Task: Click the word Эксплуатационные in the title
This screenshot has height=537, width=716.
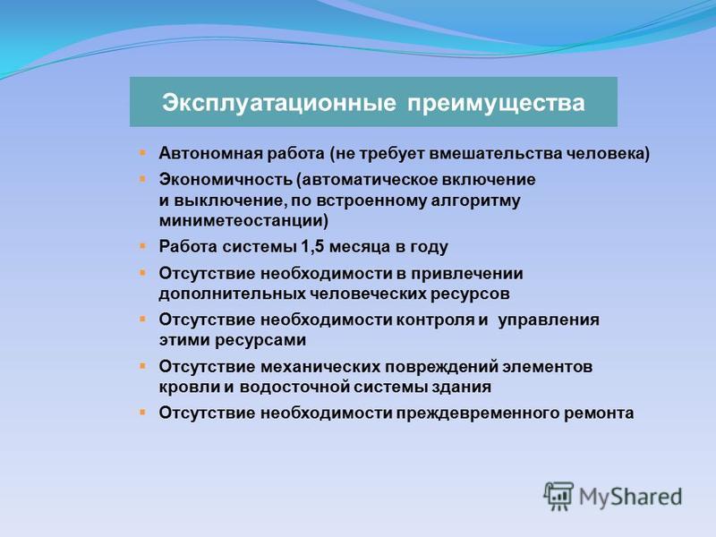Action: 278,103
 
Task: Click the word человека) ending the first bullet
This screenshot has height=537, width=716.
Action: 608,154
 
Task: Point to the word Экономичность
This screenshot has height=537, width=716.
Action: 226,180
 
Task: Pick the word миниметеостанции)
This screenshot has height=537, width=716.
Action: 243,220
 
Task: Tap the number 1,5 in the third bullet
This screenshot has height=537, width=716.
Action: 312,247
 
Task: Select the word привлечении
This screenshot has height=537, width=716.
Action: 466,274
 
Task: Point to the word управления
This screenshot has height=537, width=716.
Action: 549,320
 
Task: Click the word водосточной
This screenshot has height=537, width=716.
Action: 294,388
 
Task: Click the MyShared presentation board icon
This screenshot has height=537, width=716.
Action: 558,496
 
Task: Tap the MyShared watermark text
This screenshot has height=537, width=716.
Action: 630,497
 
